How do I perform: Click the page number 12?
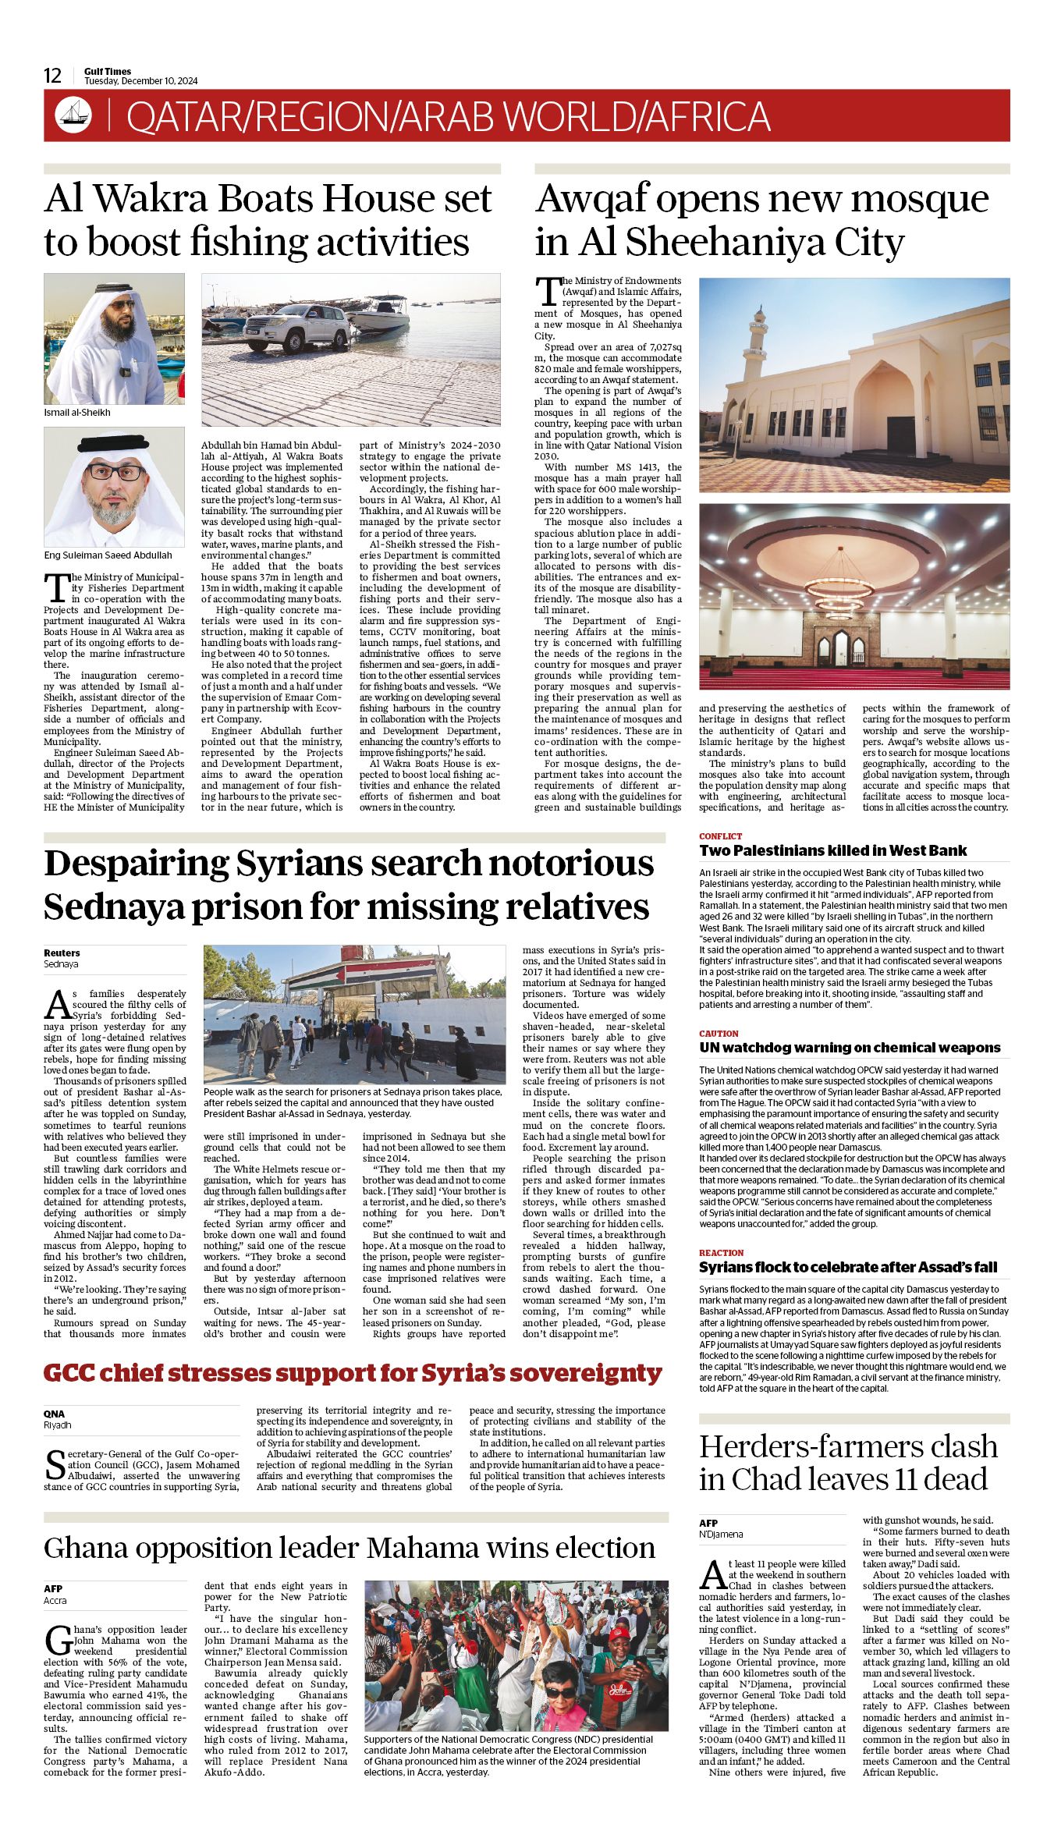(52, 76)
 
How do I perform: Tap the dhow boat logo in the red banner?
(73, 115)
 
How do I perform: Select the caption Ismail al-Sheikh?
(77, 412)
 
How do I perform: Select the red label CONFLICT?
(720, 836)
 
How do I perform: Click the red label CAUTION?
(719, 1033)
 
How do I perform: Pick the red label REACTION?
(721, 1252)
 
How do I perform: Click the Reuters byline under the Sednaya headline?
(62, 953)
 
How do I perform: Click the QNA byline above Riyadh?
(54, 1414)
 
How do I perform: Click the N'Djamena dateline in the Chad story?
(721, 1534)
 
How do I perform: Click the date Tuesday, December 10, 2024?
(141, 81)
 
